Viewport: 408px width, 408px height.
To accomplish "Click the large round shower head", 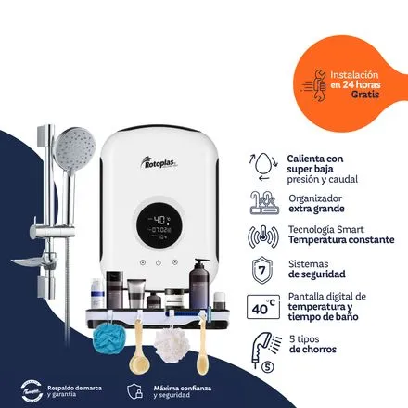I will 70,147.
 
